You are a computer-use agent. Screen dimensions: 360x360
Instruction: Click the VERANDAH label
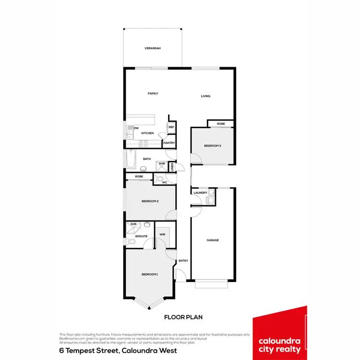tap(153, 48)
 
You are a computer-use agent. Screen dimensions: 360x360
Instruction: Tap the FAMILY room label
tap(153, 94)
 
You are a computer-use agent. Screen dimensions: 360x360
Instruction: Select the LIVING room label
tap(205, 96)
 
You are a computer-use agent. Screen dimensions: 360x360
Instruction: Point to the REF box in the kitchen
tap(171, 127)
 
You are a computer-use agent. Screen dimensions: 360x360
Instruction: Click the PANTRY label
tap(168, 143)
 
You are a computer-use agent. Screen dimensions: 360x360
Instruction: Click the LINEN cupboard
tap(171, 167)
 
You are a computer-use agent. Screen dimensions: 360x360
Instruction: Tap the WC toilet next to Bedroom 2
tap(160, 179)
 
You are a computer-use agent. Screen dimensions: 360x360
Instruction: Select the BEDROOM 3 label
tap(213, 146)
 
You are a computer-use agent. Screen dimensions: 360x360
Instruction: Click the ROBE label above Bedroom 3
tap(221, 124)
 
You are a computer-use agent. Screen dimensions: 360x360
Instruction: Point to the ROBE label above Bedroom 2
tap(139, 177)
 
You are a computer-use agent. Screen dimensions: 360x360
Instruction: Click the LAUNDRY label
tap(201, 193)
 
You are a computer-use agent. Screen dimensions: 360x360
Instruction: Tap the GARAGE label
tap(213, 240)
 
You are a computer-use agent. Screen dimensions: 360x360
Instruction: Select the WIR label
tap(162, 235)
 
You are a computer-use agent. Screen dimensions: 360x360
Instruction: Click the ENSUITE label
tap(141, 236)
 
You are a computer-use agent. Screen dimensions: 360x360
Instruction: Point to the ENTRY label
tap(183, 261)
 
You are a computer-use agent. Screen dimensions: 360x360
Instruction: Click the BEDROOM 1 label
tap(150, 274)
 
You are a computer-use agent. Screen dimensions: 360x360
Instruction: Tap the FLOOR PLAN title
tap(184, 317)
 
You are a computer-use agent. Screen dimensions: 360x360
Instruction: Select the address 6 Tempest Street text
tap(118, 350)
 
